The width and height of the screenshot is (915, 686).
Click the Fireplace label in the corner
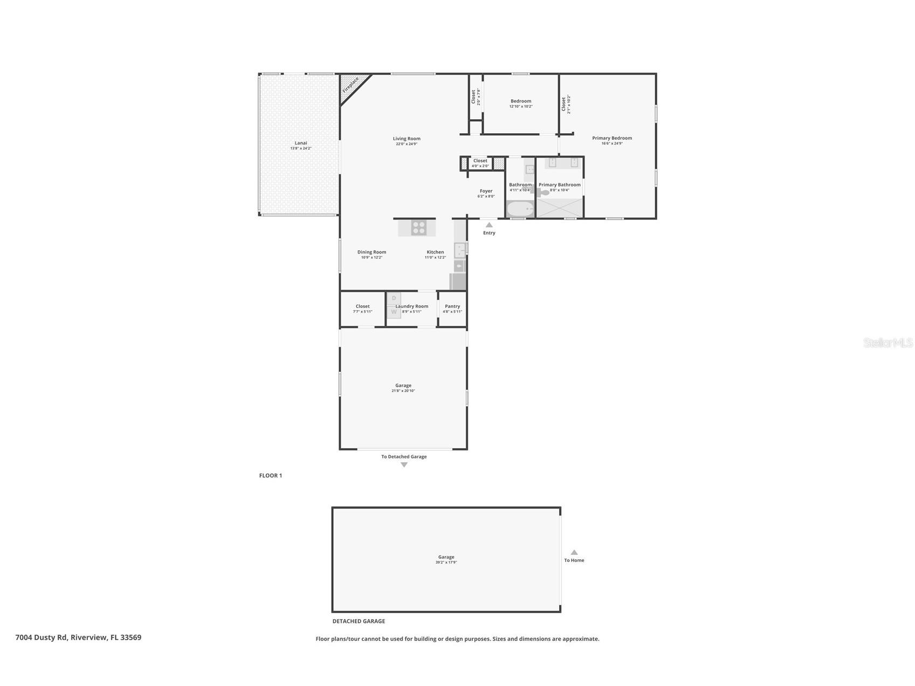(350, 85)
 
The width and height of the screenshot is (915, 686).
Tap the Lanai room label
(301, 143)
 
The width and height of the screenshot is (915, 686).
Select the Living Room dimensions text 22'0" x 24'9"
(407, 144)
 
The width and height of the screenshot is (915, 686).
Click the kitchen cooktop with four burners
(418, 228)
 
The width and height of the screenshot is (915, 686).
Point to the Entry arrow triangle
(489, 224)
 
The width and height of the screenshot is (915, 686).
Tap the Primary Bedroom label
(612, 138)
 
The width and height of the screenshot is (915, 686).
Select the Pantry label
(452, 306)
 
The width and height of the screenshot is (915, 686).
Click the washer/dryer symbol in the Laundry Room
(394, 305)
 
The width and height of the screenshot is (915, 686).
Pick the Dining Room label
(371, 252)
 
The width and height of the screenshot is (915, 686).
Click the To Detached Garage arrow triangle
(404, 465)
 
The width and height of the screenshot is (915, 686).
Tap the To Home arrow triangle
(574, 552)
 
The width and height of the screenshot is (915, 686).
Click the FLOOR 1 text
(271, 476)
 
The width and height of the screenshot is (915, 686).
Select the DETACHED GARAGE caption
(359, 621)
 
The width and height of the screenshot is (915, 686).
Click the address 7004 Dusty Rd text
(78, 637)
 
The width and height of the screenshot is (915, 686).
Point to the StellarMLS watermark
(888, 342)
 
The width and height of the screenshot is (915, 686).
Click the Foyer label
(486, 191)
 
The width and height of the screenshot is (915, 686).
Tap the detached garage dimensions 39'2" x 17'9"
(446, 562)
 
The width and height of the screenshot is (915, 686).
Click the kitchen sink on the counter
(460, 249)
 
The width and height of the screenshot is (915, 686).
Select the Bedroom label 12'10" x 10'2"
(521, 101)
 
